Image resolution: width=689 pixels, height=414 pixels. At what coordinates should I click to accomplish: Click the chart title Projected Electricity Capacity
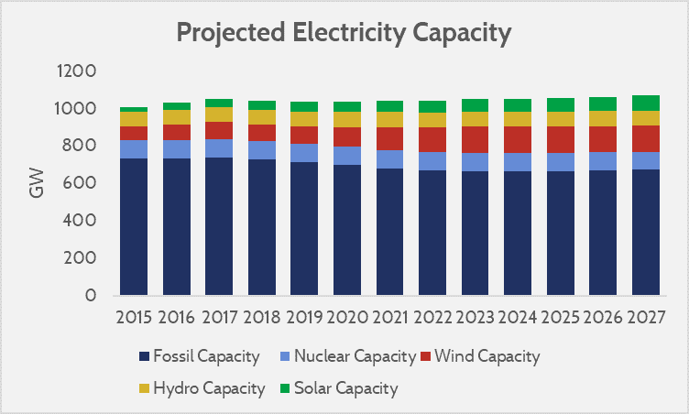344,33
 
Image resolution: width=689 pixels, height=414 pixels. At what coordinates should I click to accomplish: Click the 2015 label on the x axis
134,318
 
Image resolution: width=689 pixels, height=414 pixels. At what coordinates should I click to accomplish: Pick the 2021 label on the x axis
389,318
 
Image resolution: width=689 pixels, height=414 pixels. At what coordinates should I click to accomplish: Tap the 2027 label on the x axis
645,318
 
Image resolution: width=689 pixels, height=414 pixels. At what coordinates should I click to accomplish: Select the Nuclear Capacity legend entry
344,356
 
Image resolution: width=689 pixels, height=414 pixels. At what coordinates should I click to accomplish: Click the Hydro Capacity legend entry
206,388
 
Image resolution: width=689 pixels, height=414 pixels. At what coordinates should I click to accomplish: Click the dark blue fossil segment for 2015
134,227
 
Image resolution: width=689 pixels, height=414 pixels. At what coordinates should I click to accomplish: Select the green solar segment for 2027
645,103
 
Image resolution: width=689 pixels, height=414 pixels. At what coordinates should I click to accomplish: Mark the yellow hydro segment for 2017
219,114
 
